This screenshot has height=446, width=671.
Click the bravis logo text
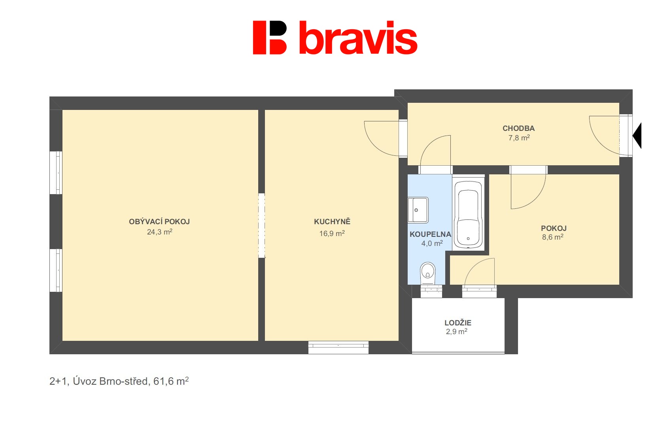(358, 38)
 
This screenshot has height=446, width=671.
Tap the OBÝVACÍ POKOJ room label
(159, 222)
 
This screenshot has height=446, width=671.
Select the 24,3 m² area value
(159, 232)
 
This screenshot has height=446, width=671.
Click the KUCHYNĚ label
(332, 222)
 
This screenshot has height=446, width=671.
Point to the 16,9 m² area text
(332, 233)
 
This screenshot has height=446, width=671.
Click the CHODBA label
(518, 129)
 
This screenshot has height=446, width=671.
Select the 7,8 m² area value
(519, 138)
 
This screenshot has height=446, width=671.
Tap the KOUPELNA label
(430, 234)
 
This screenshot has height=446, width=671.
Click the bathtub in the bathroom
(468, 215)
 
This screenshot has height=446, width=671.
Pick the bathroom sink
(418, 210)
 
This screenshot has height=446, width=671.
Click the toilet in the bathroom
(428, 273)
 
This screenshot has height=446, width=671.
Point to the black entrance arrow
(637, 135)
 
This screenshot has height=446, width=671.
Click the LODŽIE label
(458, 323)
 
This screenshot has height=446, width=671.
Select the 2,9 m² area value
(457, 332)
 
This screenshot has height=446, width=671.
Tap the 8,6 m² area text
(553, 237)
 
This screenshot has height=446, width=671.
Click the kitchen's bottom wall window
(338, 347)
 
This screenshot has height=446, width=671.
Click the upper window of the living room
(56, 172)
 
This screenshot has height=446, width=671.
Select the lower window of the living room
(56, 270)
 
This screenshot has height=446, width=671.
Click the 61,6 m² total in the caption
(171, 381)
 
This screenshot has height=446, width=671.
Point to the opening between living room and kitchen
(262, 225)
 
